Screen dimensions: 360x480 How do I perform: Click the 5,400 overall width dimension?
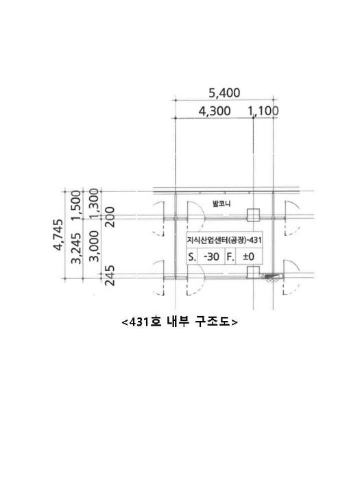pos(224,93)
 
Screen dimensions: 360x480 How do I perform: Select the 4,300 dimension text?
pos(215,111)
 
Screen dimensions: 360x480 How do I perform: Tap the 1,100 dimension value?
pos(263,111)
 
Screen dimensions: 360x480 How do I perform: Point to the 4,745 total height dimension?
pos(58,235)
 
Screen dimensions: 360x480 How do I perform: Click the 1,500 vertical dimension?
pos(76,205)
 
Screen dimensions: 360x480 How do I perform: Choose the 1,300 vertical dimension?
pos(95,204)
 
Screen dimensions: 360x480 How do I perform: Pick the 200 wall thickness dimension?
pos(110,217)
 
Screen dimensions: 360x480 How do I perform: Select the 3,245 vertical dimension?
pos(76,248)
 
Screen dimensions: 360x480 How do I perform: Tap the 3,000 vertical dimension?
pos(95,246)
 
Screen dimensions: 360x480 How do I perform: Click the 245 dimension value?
pos(110,275)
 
